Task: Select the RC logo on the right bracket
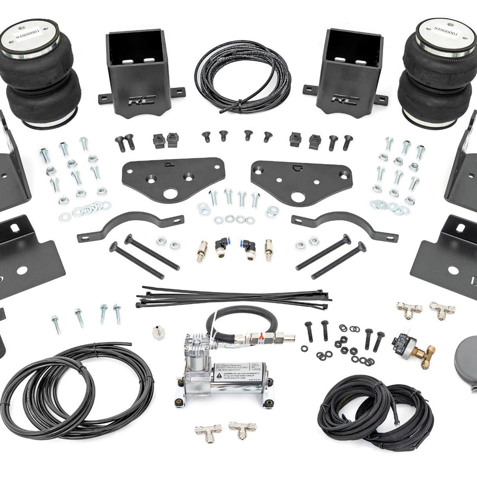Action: (345, 99)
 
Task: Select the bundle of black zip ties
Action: (233, 298)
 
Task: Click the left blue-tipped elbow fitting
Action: (222, 245)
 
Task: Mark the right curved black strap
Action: (344, 223)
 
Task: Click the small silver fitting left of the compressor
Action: (157, 332)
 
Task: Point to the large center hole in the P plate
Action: (170, 194)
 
